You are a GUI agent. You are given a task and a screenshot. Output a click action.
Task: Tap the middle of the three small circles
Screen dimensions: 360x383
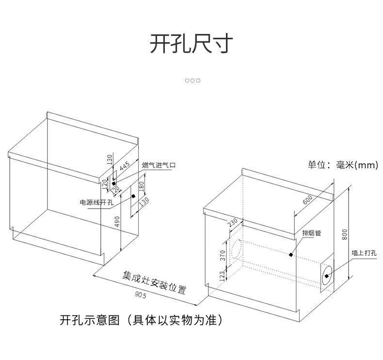192,80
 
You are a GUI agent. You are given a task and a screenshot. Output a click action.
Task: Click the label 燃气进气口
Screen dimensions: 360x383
159,165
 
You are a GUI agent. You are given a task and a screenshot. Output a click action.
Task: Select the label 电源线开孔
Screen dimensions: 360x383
96,202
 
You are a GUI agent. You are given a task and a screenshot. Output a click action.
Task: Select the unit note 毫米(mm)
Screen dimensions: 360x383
357,165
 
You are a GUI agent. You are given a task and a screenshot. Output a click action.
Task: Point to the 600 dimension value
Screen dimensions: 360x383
307,199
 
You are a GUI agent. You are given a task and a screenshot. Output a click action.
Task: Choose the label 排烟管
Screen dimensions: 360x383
312,233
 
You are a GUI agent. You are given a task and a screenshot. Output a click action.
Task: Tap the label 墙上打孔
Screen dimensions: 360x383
364,253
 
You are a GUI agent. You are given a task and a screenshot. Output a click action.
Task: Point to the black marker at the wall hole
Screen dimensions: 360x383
327,276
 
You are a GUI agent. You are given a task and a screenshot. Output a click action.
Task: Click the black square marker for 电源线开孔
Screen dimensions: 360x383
132,196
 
